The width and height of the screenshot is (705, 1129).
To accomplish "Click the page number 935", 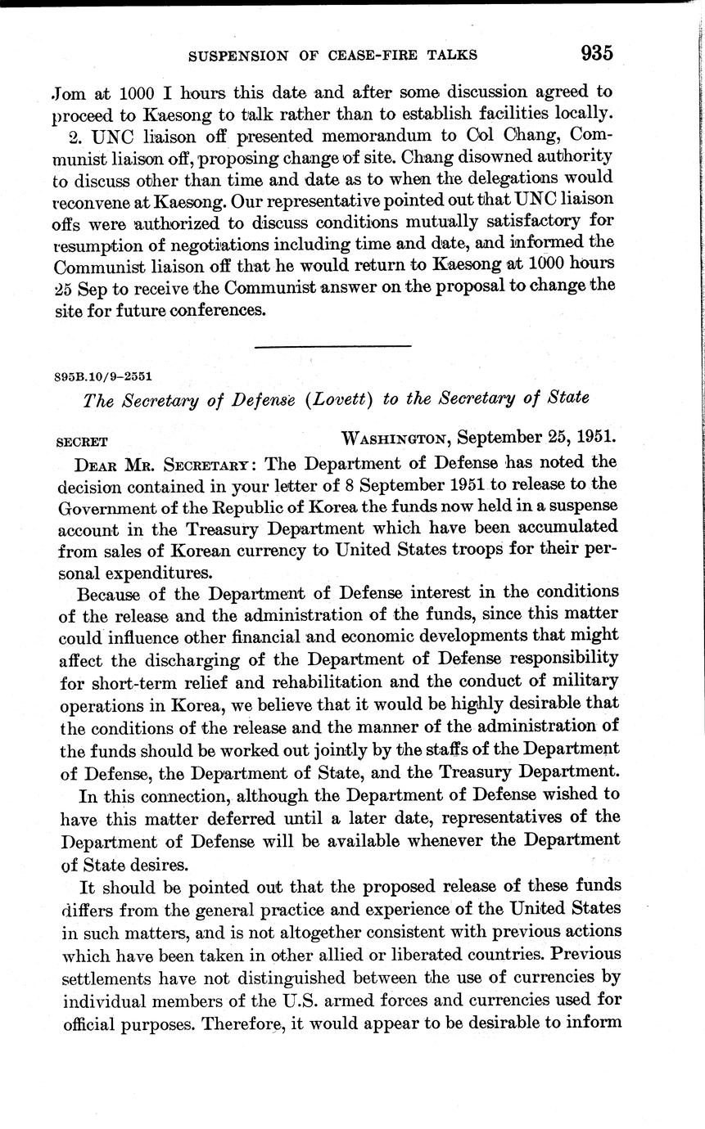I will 597,53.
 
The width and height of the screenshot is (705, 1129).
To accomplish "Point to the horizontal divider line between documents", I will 332,347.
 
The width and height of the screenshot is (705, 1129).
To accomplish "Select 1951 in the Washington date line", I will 596,438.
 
